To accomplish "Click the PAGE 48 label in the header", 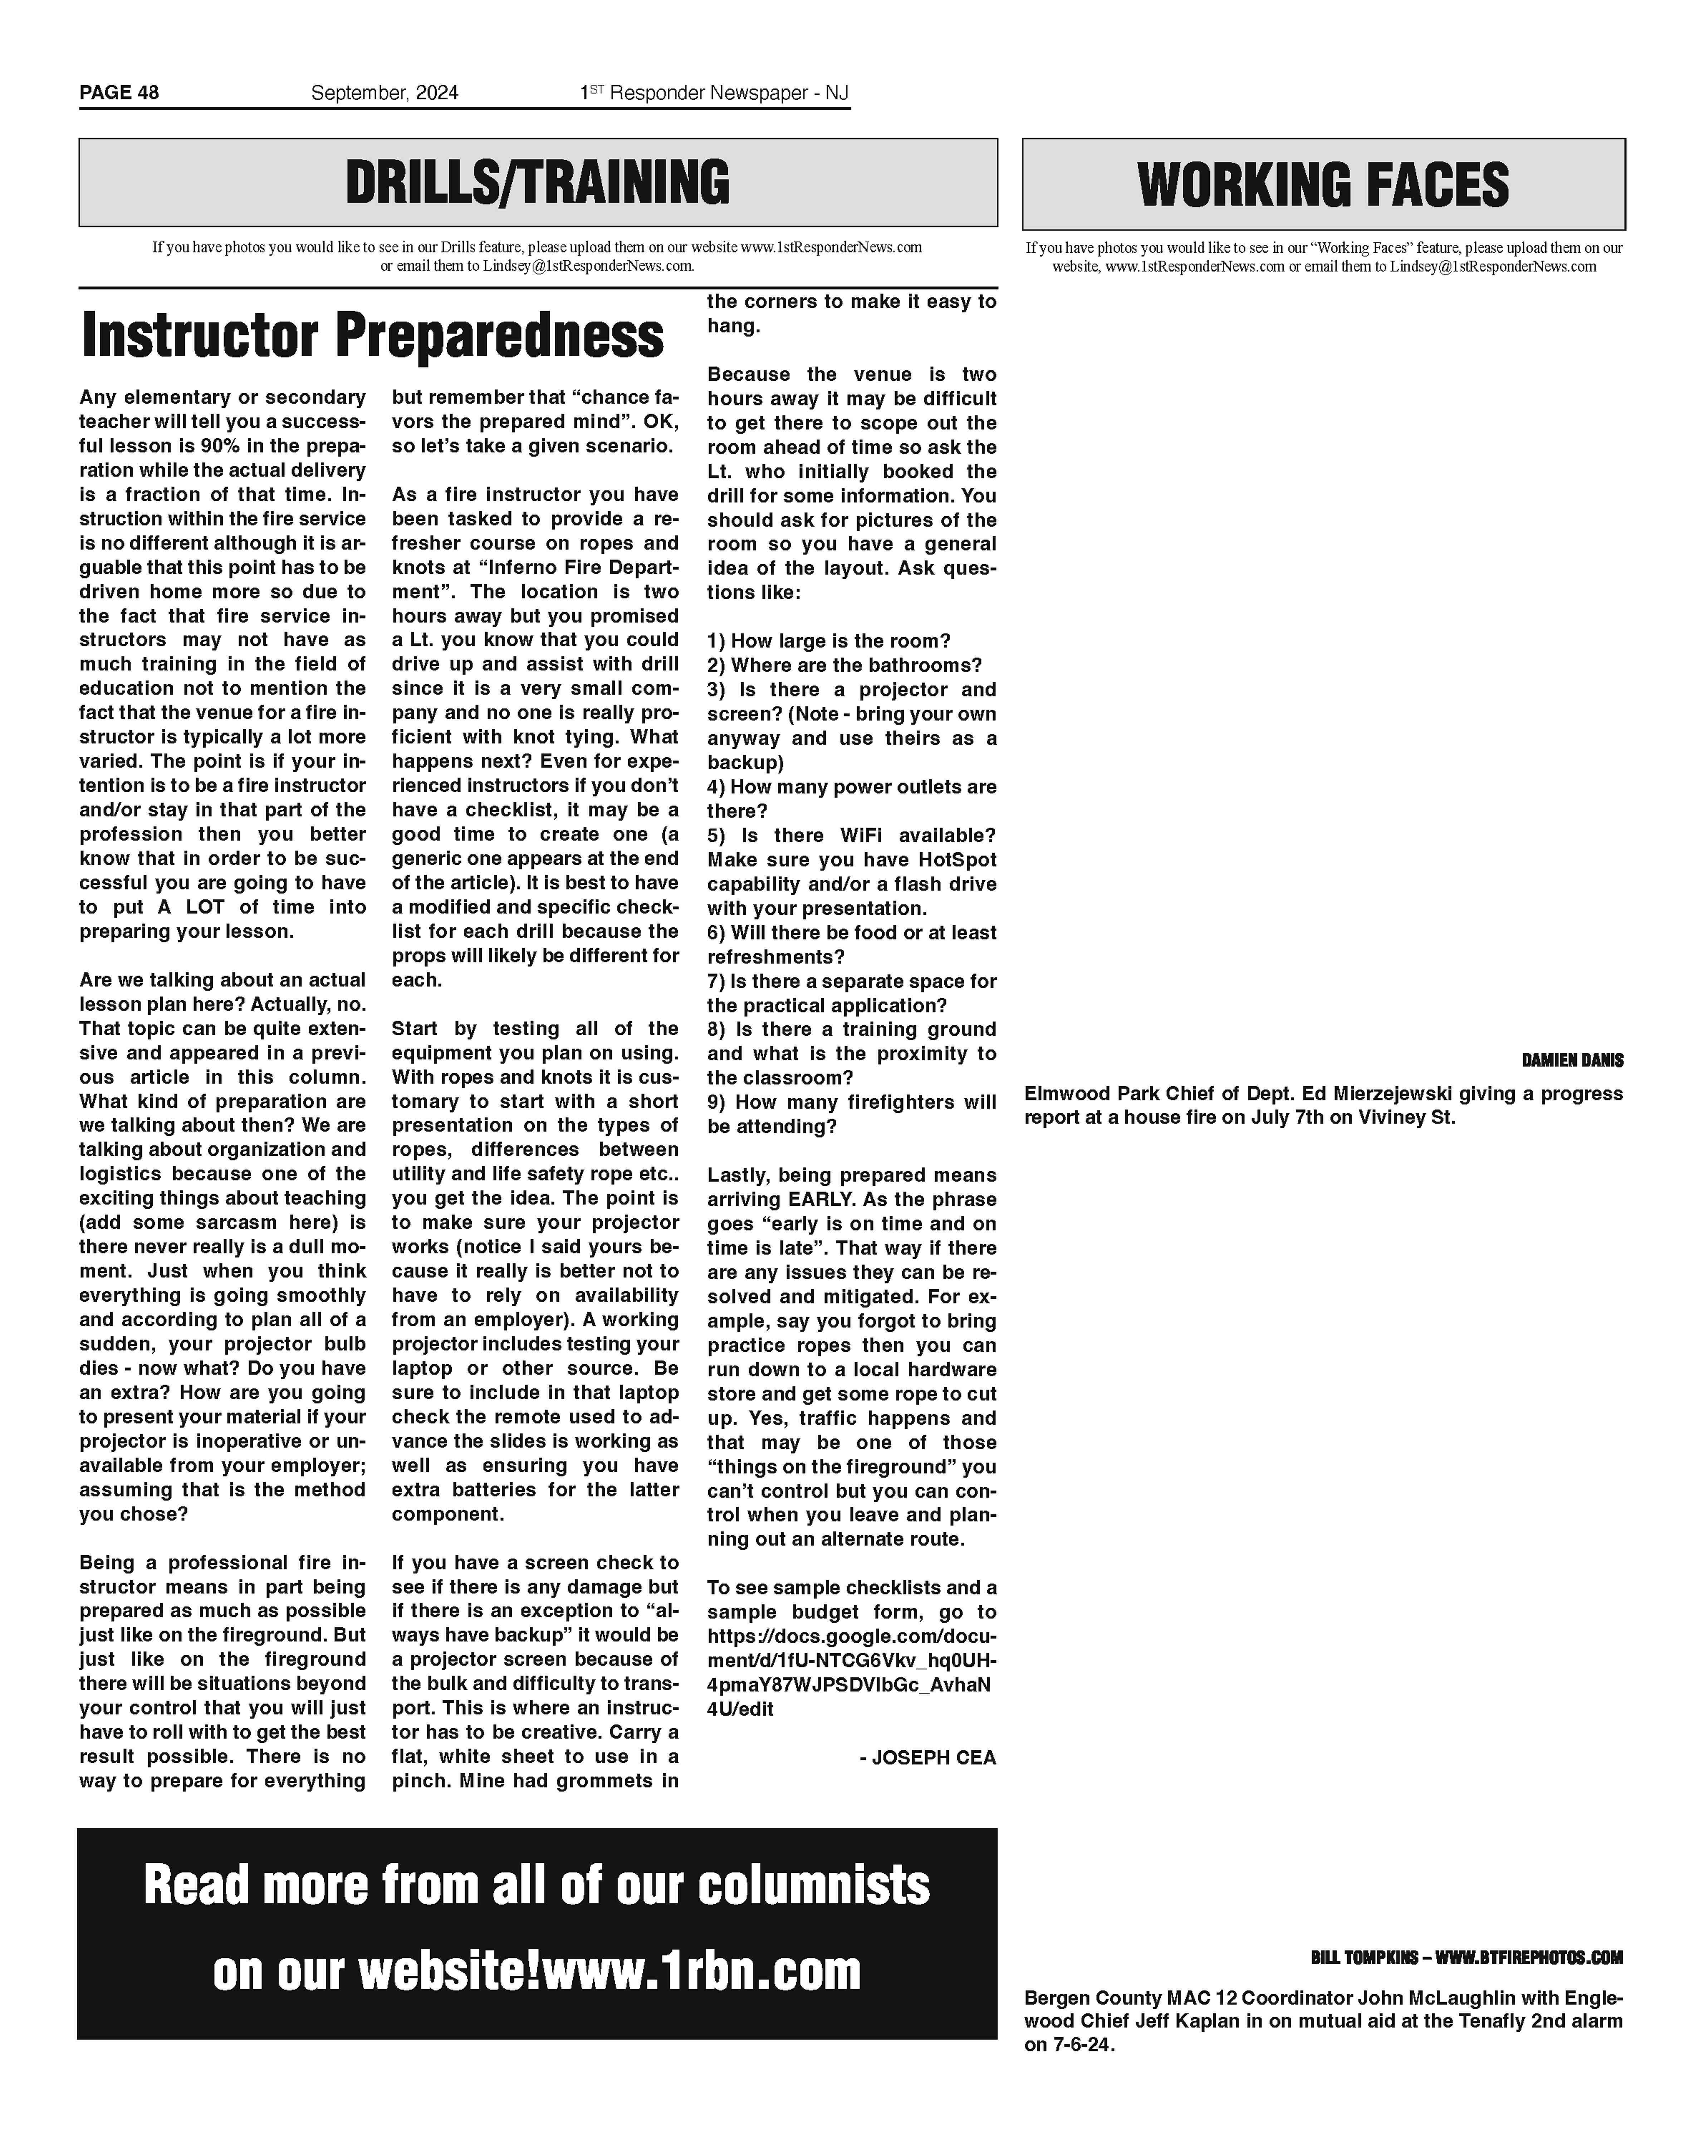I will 118,93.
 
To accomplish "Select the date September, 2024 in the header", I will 384,93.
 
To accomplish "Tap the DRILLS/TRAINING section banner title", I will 538,183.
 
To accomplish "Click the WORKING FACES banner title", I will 1323,185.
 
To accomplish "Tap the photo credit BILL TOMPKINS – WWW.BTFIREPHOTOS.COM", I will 1466,1957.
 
